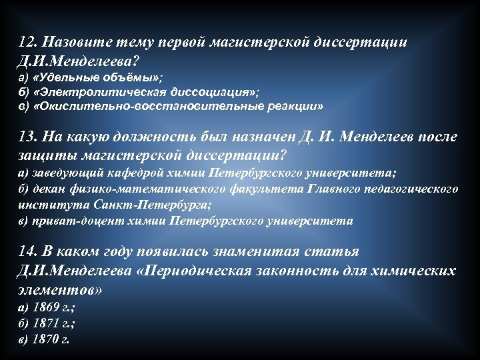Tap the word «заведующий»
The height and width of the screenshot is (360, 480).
point(61,173)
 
